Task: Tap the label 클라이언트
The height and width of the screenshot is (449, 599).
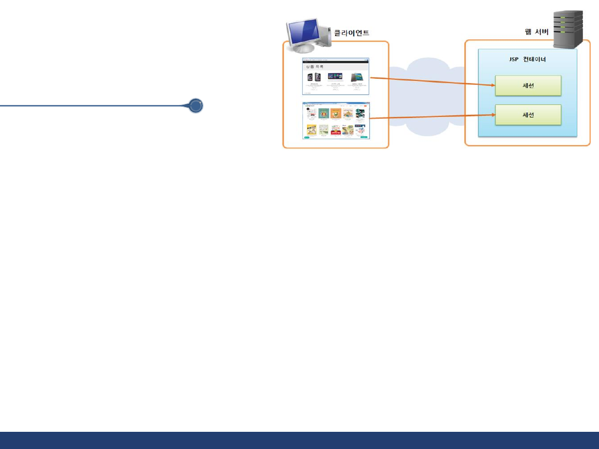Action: (x=352, y=33)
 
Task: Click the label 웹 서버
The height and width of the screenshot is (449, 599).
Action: (x=536, y=32)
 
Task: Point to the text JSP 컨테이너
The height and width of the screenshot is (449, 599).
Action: (x=527, y=59)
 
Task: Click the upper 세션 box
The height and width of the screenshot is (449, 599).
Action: (x=528, y=86)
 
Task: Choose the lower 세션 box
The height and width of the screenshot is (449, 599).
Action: (x=528, y=115)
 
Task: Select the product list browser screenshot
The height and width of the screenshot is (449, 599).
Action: (x=336, y=76)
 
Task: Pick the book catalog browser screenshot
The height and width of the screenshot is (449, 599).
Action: (x=336, y=120)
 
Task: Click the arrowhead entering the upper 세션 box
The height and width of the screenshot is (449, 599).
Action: (x=492, y=85)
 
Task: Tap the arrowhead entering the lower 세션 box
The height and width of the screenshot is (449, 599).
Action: (x=492, y=114)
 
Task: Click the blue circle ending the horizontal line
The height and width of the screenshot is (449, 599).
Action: (x=195, y=105)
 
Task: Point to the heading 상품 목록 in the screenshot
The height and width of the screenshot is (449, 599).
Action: (x=314, y=67)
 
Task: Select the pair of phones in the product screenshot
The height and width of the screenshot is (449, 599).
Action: (x=314, y=77)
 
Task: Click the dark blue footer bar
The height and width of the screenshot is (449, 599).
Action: (x=299, y=440)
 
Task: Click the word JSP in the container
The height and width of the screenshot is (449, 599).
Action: (x=514, y=59)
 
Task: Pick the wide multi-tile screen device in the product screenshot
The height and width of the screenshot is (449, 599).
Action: (x=335, y=76)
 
